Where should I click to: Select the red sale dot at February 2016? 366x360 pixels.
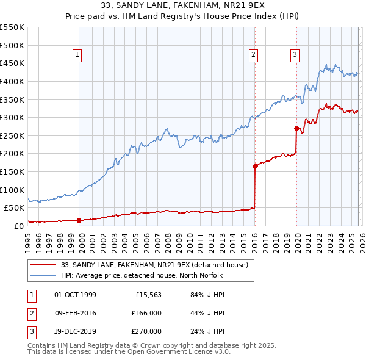[x=255, y=166]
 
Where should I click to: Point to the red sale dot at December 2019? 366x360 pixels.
[x=296, y=128]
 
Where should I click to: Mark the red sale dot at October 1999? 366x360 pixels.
[x=79, y=220]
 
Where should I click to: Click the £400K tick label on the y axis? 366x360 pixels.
[x=12, y=81]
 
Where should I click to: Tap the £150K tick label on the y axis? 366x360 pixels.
[x=12, y=171]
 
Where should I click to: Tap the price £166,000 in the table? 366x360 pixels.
[x=146, y=313]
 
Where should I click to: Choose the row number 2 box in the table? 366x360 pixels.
[x=31, y=313]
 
